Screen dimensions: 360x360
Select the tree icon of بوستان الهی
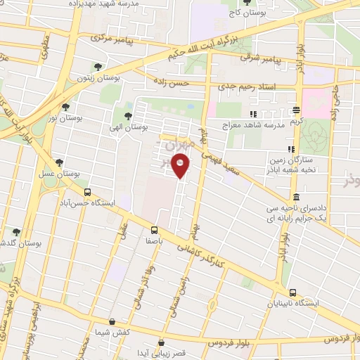(127, 117)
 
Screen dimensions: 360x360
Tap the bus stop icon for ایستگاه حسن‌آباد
(87, 192)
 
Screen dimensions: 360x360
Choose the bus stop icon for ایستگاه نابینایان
(292, 292)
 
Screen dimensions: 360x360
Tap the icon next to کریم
(296, 110)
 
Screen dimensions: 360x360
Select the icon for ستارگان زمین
(290, 149)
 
